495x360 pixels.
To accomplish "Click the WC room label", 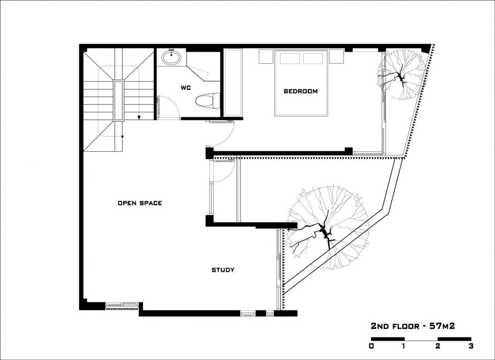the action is point(186,88).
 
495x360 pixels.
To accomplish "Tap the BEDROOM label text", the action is point(301,91).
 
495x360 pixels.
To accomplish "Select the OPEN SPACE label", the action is point(140,203).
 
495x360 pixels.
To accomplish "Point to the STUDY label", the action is point(223,270).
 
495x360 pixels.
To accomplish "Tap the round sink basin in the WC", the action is point(171,58).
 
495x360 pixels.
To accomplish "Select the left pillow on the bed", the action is point(290,58).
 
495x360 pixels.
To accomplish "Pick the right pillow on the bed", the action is point(313,58).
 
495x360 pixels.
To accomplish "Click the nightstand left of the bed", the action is point(266,57).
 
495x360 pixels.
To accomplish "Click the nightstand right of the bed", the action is point(336,57).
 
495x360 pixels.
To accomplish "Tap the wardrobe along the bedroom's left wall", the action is point(233,82).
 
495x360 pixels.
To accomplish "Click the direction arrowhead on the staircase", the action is point(139,118).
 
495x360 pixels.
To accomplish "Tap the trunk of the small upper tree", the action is point(400,77).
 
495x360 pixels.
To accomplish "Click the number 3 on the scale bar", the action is point(471,346).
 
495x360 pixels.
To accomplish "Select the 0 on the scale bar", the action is point(371,346).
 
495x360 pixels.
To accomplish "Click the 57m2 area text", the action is point(442,326).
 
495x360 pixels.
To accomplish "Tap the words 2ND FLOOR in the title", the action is point(395,326).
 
